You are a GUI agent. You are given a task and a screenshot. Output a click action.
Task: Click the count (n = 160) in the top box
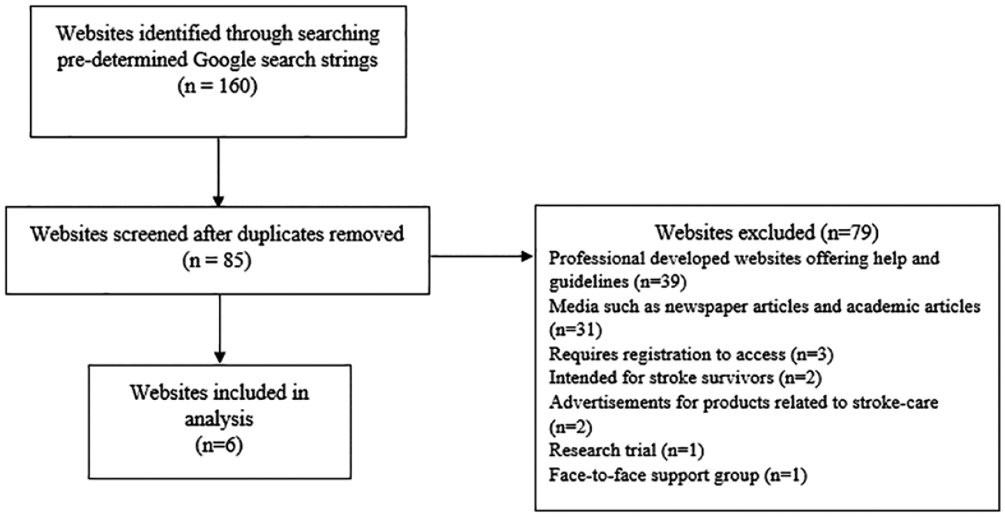(x=217, y=86)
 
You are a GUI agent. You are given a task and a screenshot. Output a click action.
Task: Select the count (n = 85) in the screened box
(x=217, y=261)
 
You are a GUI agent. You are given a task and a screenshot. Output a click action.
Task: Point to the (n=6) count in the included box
(x=219, y=445)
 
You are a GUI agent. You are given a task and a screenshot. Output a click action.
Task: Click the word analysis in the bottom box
(x=219, y=419)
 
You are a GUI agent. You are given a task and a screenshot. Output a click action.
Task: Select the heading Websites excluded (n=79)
(x=767, y=232)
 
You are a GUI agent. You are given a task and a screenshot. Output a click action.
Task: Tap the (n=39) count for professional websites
(x=660, y=282)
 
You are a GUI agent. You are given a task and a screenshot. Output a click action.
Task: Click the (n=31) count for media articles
(x=576, y=330)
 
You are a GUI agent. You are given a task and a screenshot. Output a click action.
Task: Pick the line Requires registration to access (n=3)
(x=691, y=354)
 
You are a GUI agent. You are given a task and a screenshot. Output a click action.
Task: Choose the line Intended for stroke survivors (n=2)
(x=686, y=378)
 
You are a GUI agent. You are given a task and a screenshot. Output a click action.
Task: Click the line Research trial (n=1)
(x=627, y=450)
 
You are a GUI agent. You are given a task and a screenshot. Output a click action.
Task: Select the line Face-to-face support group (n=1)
(x=678, y=475)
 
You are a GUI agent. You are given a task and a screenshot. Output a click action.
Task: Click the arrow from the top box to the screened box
(x=219, y=172)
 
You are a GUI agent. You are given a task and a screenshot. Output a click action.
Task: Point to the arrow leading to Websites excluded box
(x=482, y=257)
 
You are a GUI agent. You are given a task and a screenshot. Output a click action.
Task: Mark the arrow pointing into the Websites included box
(x=220, y=329)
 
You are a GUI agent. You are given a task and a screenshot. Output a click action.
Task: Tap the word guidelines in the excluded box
(x=589, y=282)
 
